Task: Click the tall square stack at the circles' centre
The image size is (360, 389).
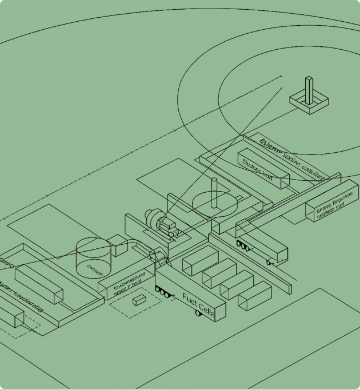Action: pyautogui.click(x=309, y=90)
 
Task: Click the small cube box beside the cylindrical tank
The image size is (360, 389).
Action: pyautogui.click(x=119, y=245)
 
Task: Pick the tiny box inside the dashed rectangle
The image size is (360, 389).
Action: pyautogui.click(x=139, y=300)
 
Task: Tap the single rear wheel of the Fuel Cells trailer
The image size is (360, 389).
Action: pyautogui.click(x=198, y=313)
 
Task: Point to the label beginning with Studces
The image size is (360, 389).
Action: pyautogui.click(x=257, y=167)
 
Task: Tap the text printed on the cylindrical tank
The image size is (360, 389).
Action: pyautogui.click(x=94, y=267)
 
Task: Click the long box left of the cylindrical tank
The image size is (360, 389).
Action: pyautogui.click(x=39, y=284)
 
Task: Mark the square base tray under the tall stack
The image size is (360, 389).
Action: pyautogui.click(x=309, y=103)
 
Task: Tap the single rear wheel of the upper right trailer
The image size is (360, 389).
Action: pyautogui.click(x=269, y=262)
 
